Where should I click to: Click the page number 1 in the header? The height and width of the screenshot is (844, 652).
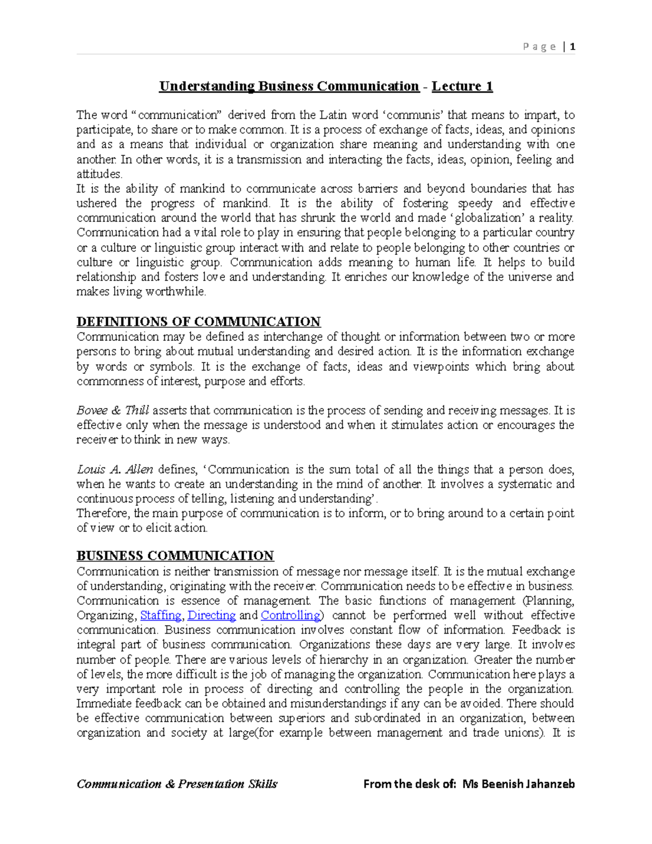573,47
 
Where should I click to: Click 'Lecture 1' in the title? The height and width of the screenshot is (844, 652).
462,86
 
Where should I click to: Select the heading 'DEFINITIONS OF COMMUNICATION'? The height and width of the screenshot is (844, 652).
198,322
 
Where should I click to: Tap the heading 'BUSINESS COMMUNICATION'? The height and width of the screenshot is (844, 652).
175,556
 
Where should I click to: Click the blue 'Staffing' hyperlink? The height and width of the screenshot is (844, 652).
161,615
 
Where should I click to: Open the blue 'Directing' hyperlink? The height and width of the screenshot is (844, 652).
211,615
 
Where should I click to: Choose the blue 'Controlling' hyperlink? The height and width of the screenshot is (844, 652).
291,615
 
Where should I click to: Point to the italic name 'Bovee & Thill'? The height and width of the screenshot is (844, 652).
112,410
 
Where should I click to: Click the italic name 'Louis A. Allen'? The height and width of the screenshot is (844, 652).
115,469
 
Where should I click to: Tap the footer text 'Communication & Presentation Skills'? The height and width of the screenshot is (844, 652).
177,784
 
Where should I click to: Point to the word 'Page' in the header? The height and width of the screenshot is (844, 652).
539,47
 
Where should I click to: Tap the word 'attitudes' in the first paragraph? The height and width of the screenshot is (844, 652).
99,174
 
